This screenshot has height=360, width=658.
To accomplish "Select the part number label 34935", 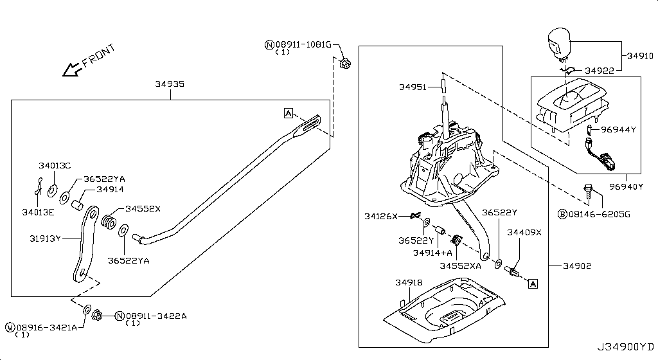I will pyautogui.click(x=170, y=84).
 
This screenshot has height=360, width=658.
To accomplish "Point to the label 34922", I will pyautogui.click(x=600, y=70).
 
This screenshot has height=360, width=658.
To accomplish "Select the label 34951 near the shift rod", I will pyautogui.click(x=414, y=87).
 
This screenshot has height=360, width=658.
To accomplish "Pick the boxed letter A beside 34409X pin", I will pyautogui.click(x=533, y=283).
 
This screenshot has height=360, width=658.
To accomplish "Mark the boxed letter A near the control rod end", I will pyautogui.click(x=289, y=113).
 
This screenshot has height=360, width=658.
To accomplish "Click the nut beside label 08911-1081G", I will pyautogui.click(x=345, y=63).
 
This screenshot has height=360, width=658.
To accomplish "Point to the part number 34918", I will pyautogui.click(x=409, y=282).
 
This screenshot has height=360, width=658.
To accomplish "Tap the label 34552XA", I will pyautogui.click(x=460, y=265).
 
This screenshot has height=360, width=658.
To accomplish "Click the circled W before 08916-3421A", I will pyautogui.click(x=9, y=327).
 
